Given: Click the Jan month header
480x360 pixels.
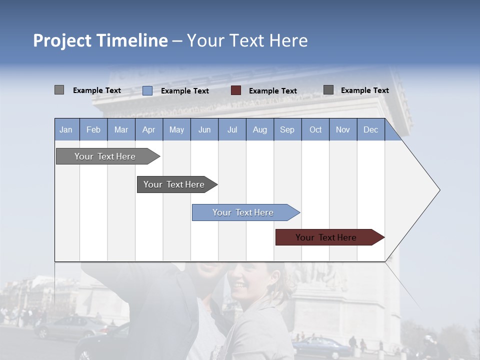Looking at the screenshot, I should (x=66, y=129).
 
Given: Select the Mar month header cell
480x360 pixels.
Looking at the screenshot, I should (x=121, y=129).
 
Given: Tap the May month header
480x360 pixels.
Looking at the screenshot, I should (x=176, y=129).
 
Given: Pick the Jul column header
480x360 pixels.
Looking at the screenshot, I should (x=232, y=129).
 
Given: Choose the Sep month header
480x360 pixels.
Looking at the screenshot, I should (x=287, y=129).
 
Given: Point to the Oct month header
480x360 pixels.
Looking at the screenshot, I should (x=315, y=129).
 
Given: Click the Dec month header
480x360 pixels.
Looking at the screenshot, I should (x=370, y=129).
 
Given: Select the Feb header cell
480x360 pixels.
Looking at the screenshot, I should (x=93, y=129).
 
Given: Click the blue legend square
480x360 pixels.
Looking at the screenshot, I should (x=147, y=90).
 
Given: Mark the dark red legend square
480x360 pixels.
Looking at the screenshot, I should (x=236, y=90).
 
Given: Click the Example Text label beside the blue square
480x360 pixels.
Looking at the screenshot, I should (x=185, y=91).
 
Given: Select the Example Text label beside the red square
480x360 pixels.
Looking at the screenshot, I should (x=273, y=91).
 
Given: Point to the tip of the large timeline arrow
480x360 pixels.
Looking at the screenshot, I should (x=438, y=190).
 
